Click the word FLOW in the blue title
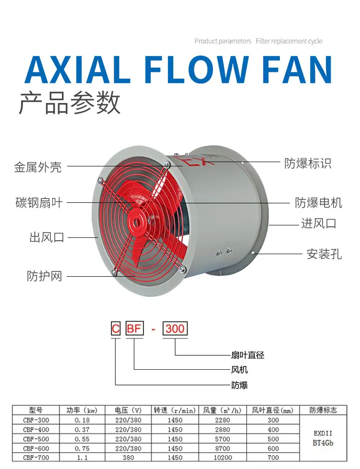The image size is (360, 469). coord(196,70)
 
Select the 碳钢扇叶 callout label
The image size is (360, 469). coord(39,203)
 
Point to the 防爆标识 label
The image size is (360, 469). coord(308,164)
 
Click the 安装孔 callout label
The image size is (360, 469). coord(324,254)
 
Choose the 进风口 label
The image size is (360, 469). coord(319,223)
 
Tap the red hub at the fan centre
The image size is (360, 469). coord(138,222)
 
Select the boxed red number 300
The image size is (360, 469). coord(175,328)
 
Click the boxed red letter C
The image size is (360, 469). coord(116,328)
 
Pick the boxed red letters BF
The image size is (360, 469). coord(134,328)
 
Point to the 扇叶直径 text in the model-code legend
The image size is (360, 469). coord(248,355)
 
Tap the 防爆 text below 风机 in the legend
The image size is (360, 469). coord(240,385)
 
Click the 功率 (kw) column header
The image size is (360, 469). coord(82,410)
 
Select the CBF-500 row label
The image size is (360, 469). coord(36,439)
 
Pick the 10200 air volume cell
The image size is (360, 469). coord(223,457)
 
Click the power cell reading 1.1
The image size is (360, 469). coord(82,457)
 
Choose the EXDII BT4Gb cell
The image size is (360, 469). coord(323,438)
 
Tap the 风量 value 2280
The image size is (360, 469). coord(223,420)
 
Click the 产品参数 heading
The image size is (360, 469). coord(70,103)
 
